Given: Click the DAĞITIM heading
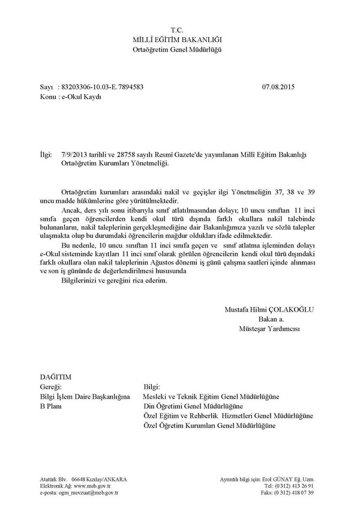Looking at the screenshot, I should [x=55, y=377].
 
